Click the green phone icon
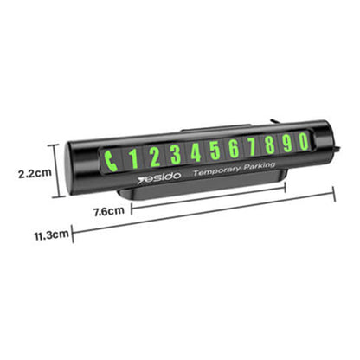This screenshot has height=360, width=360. [x=112, y=157]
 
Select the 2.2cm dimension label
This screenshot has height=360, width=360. [x=32, y=173]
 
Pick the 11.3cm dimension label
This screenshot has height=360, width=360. [x=51, y=234]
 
